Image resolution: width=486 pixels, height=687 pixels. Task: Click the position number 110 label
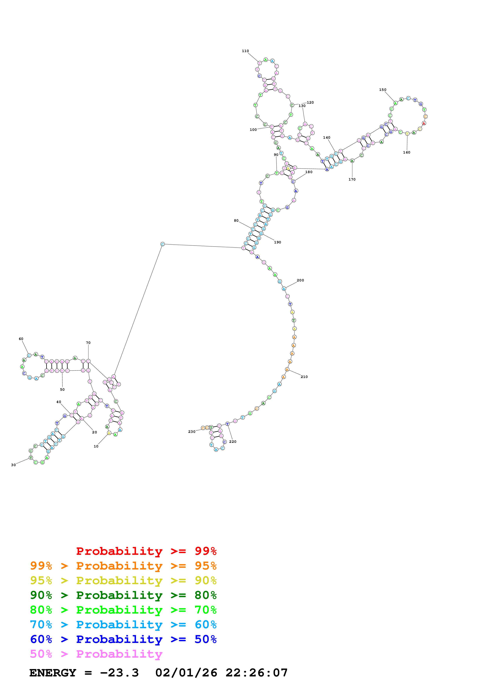pyautogui.click(x=245, y=51)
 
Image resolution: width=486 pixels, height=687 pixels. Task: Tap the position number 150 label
pyautogui.click(x=382, y=90)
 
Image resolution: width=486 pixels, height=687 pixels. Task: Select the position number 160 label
pyautogui.click(x=406, y=152)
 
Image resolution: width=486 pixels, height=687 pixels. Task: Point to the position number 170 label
pyautogui.click(x=352, y=179)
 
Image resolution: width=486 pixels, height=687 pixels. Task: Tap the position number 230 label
pyautogui.click(x=192, y=431)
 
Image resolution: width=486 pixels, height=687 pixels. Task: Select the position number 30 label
pyautogui.click(x=14, y=465)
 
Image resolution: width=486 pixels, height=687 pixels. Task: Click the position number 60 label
pyautogui.click(x=21, y=339)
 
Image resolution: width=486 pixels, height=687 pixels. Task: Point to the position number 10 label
pyautogui.click(x=96, y=446)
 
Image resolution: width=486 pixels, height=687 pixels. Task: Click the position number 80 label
pyautogui.click(x=236, y=221)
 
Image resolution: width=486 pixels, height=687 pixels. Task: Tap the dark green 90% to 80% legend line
pyautogui.click(x=123, y=595)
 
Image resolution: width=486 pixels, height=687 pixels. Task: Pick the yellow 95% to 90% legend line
pyautogui.click(x=123, y=580)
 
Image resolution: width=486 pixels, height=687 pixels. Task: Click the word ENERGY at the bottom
pyautogui.click(x=53, y=673)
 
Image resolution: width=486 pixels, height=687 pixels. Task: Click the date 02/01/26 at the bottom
pyautogui.click(x=186, y=673)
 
